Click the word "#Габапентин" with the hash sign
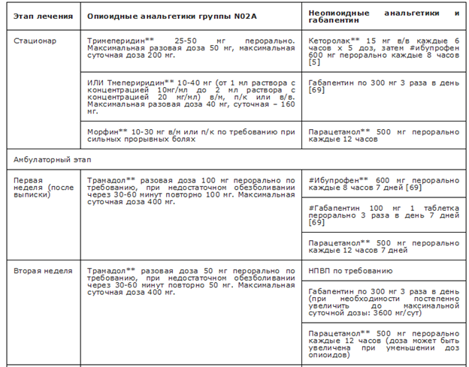pyautogui.click(x=335, y=206)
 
